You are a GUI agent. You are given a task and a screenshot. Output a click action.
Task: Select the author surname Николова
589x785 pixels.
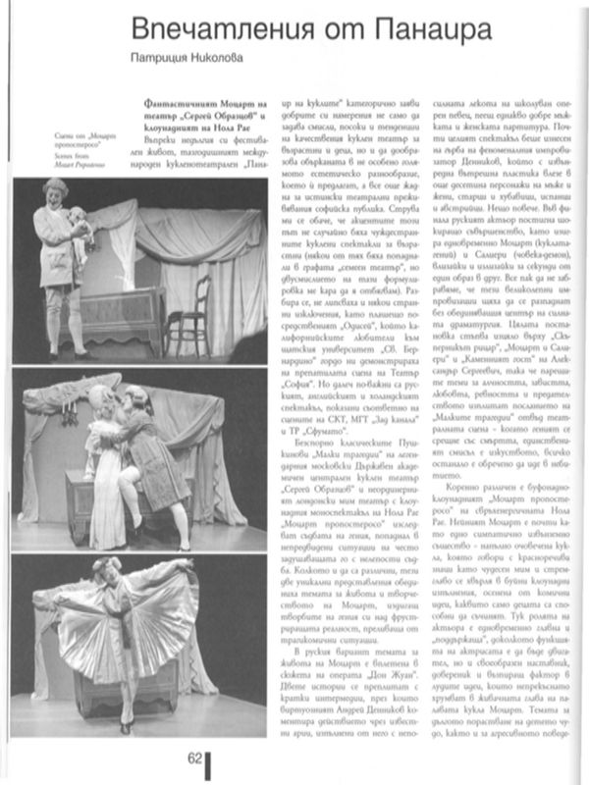pos(213,60)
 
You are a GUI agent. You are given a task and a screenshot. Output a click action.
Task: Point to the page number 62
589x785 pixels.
pos(192,757)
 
